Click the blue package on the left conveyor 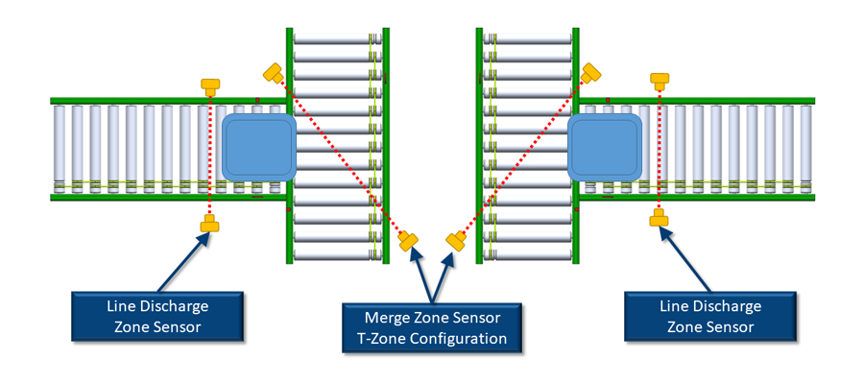coord(258,147)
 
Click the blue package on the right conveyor coord(606,147)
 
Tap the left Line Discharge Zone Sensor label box coord(156,316)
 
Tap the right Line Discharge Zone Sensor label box coord(710,316)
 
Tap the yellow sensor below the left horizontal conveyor coord(210,225)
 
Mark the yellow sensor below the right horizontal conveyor coord(660,219)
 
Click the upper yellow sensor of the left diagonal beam coord(274,72)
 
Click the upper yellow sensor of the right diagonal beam coord(590,72)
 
